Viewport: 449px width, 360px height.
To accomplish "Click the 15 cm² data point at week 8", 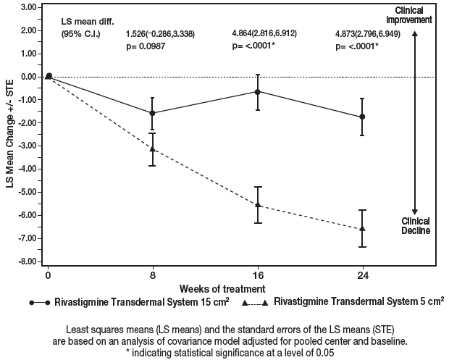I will click(x=152, y=113).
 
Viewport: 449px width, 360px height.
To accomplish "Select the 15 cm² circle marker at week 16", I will click(x=258, y=91).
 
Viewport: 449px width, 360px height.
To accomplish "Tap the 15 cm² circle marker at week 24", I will click(x=362, y=117).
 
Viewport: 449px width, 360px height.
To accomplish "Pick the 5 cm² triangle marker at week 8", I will click(x=152, y=149).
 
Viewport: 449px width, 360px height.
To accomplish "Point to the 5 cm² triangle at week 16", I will click(x=258, y=206).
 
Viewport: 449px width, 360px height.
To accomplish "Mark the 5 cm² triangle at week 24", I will click(x=362, y=229).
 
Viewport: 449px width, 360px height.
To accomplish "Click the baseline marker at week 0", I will click(x=49, y=76).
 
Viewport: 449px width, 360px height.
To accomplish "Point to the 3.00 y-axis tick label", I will click(x=28, y=7).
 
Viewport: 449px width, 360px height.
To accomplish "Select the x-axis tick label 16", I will click(x=258, y=276).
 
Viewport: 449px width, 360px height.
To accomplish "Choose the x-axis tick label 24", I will click(x=362, y=276).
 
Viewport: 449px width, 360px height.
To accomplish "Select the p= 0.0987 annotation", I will click(x=147, y=46).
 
